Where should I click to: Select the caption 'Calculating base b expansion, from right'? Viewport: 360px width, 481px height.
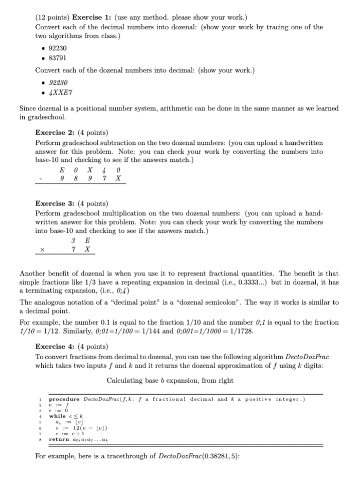(x=170, y=380)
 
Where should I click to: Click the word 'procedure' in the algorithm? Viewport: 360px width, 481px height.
(x=64, y=399)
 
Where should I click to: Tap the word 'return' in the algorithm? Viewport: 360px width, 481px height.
(x=58, y=439)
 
